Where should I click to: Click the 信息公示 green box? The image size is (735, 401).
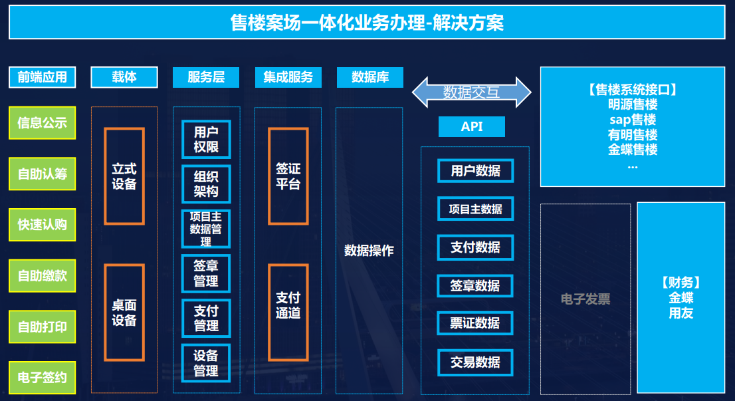pyautogui.click(x=42, y=123)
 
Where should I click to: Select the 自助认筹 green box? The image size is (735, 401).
pyautogui.click(x=42, y=174)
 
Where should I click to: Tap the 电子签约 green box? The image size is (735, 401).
pyautogui.click(x=42, y=378)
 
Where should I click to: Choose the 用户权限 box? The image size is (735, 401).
pyautogui.click(x=206, y=139)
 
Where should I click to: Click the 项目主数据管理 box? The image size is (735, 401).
pyautogui.click(x=206, y=229)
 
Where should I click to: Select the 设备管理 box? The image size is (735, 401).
pyautogui.click(x=206, y=363)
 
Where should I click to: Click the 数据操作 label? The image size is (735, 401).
pyautogui.click(x=369, y=251)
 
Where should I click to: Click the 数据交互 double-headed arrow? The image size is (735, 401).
pyautogui.click(x=472, y=92)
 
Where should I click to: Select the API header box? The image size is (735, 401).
pyautogui.click(x=472, y=126)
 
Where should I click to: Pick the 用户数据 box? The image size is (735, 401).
pyautogui.click(x=475, y=171)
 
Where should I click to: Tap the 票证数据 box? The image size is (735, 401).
pyautogui.click(x=475, y=323)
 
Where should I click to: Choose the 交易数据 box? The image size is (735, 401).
pyautogui.click(x=475, y=362)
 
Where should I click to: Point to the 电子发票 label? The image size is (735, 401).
pyautogui.click(x=585, y=299)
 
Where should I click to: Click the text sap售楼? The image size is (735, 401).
pyautogui.click(x=633, y=120)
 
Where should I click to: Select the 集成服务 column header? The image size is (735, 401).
pyautogui.click(x=288, y=77)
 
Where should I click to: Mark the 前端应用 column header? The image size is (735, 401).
pyautogui.click(x=42, y=77)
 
